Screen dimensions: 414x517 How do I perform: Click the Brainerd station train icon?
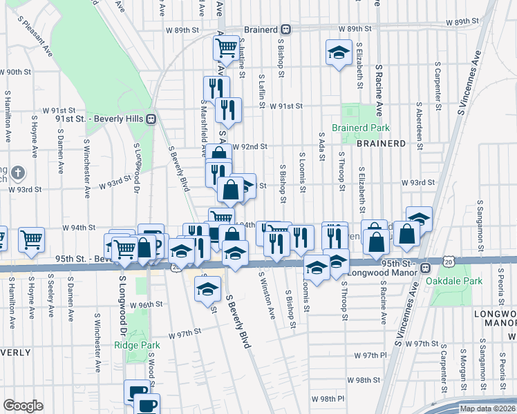[286, 30]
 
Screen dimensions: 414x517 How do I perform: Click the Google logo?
[23, 405]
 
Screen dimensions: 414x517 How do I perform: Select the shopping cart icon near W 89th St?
[226, 48]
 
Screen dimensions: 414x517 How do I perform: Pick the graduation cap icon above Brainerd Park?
[339, 52]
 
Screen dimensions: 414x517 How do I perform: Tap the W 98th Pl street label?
[328, 399]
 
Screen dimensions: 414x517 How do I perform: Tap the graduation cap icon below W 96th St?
[205, 288]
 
